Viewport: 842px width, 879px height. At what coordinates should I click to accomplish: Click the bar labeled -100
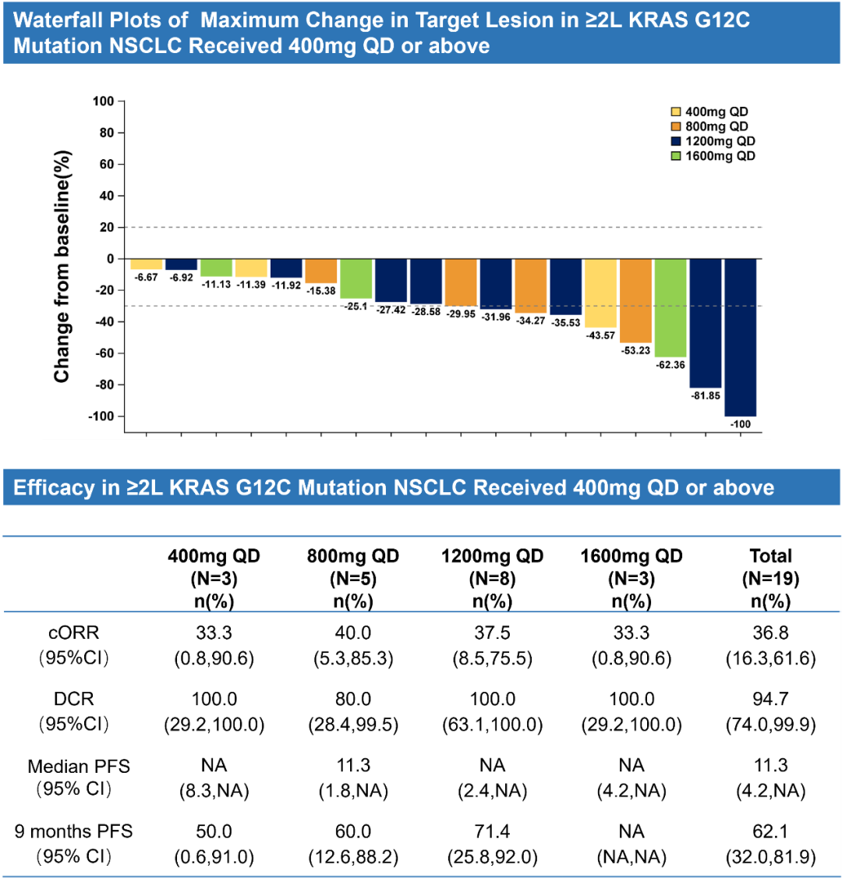pyautogui.click(x=741, y=338)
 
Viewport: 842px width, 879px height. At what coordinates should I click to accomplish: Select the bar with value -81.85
pyautogui.click(x=706, y=324)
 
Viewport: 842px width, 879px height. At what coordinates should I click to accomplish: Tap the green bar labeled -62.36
pyautogui.click(x=670, y=308)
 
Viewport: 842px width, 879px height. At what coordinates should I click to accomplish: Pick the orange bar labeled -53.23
pyautogui.click(x=635, y=301)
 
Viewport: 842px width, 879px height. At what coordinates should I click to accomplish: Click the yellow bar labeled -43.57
pyautogui.click(x=601, y=293)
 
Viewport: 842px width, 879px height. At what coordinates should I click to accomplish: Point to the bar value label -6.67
pyautogui.click(x=146, y=278)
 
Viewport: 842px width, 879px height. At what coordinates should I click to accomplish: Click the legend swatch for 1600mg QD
pyautogui.click(x=676, y=157)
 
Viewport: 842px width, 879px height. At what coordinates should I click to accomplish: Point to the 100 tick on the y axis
pyautogui.click(x=103, y=101)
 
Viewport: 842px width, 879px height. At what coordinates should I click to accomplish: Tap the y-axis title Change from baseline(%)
pyautogui.click(x=62, y=265)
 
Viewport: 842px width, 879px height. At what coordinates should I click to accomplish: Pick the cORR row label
pyautogui.click(x=74, y=633)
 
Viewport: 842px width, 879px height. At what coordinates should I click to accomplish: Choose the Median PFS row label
pyautogui.click(x=79, y=766)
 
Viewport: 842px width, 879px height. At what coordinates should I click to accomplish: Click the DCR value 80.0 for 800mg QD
pyautogui.click(x=353, y=699)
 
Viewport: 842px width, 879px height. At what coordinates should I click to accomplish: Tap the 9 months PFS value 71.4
pyautogui.click(x=492, y=831)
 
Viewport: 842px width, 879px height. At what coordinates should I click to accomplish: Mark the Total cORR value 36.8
pyautogui.click(x=770, y=633)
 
